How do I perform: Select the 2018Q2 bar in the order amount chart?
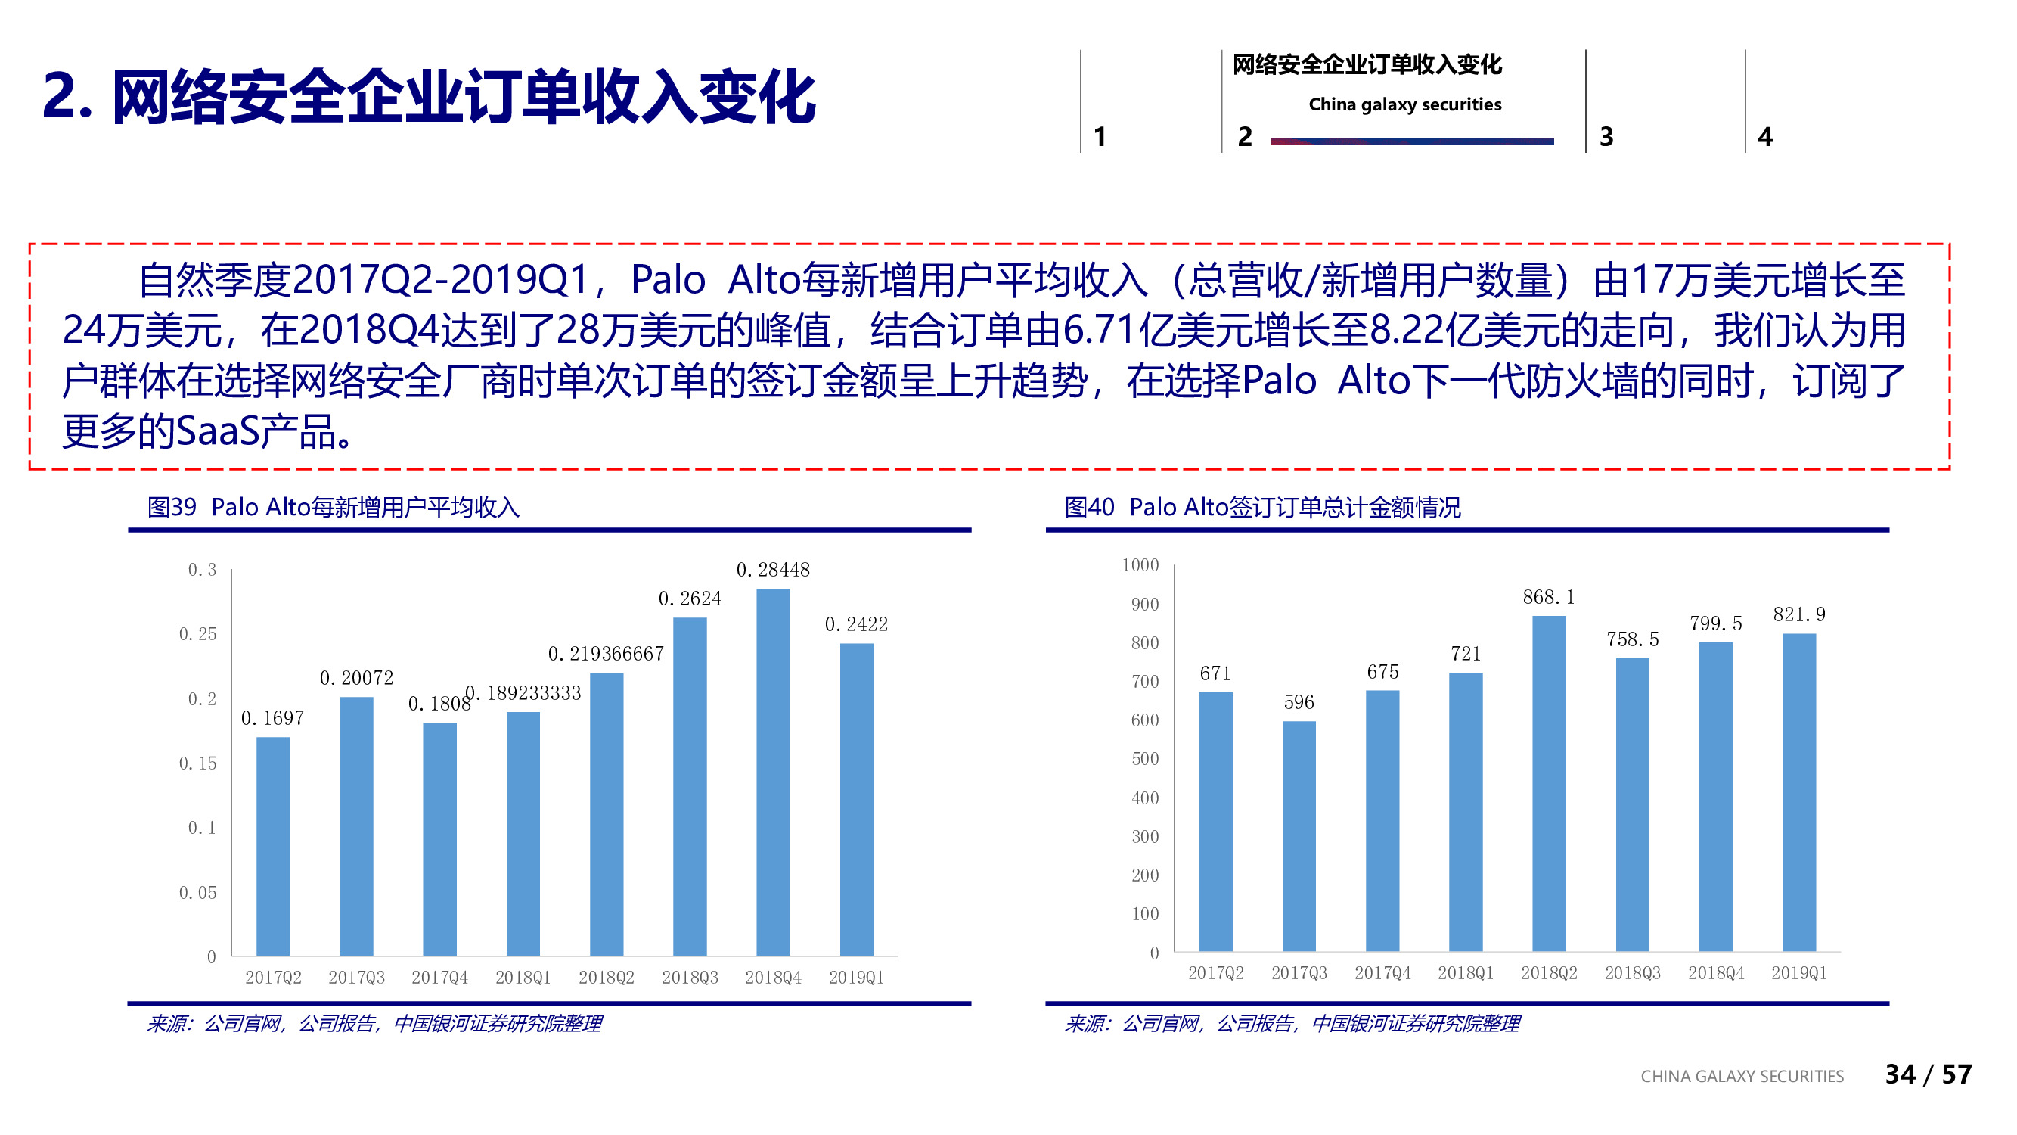coord(1549,783)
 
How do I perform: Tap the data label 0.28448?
coord(773,570)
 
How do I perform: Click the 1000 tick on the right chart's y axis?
coord(1140,564)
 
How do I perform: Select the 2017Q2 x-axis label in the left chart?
coord(273,977)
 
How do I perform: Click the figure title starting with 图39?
coord(334,507)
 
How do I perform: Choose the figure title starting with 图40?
coord(1262,507)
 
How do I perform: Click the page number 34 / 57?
coord(1928,1074)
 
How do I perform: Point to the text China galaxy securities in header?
coord(1404,104)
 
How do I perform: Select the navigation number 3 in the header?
coord(1606,137)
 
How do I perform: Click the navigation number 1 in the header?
coord(1100,137)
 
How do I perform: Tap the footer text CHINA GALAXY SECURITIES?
coord(1742,1076)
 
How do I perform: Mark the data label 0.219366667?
coord(605,653)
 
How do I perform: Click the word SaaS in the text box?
coord(218,431)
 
